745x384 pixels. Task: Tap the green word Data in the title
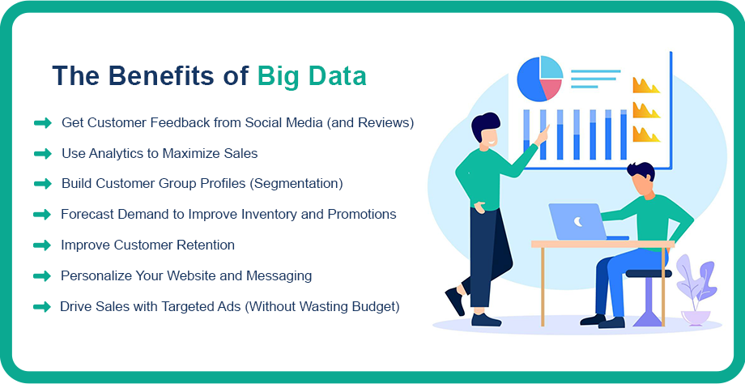point(338,75)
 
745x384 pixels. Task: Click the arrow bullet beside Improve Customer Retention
point(42,245)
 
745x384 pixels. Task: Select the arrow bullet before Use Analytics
point(43,153)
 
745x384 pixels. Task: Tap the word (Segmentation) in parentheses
point(296,183)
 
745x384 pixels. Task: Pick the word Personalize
point(96,275)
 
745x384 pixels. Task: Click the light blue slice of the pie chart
point(551,66)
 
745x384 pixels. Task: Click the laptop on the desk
point(584,222)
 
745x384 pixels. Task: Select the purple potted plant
point(695,290)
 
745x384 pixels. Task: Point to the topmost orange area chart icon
point(646,86)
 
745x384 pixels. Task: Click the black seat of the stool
point(649,274)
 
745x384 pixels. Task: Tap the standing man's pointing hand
point(543,134)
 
